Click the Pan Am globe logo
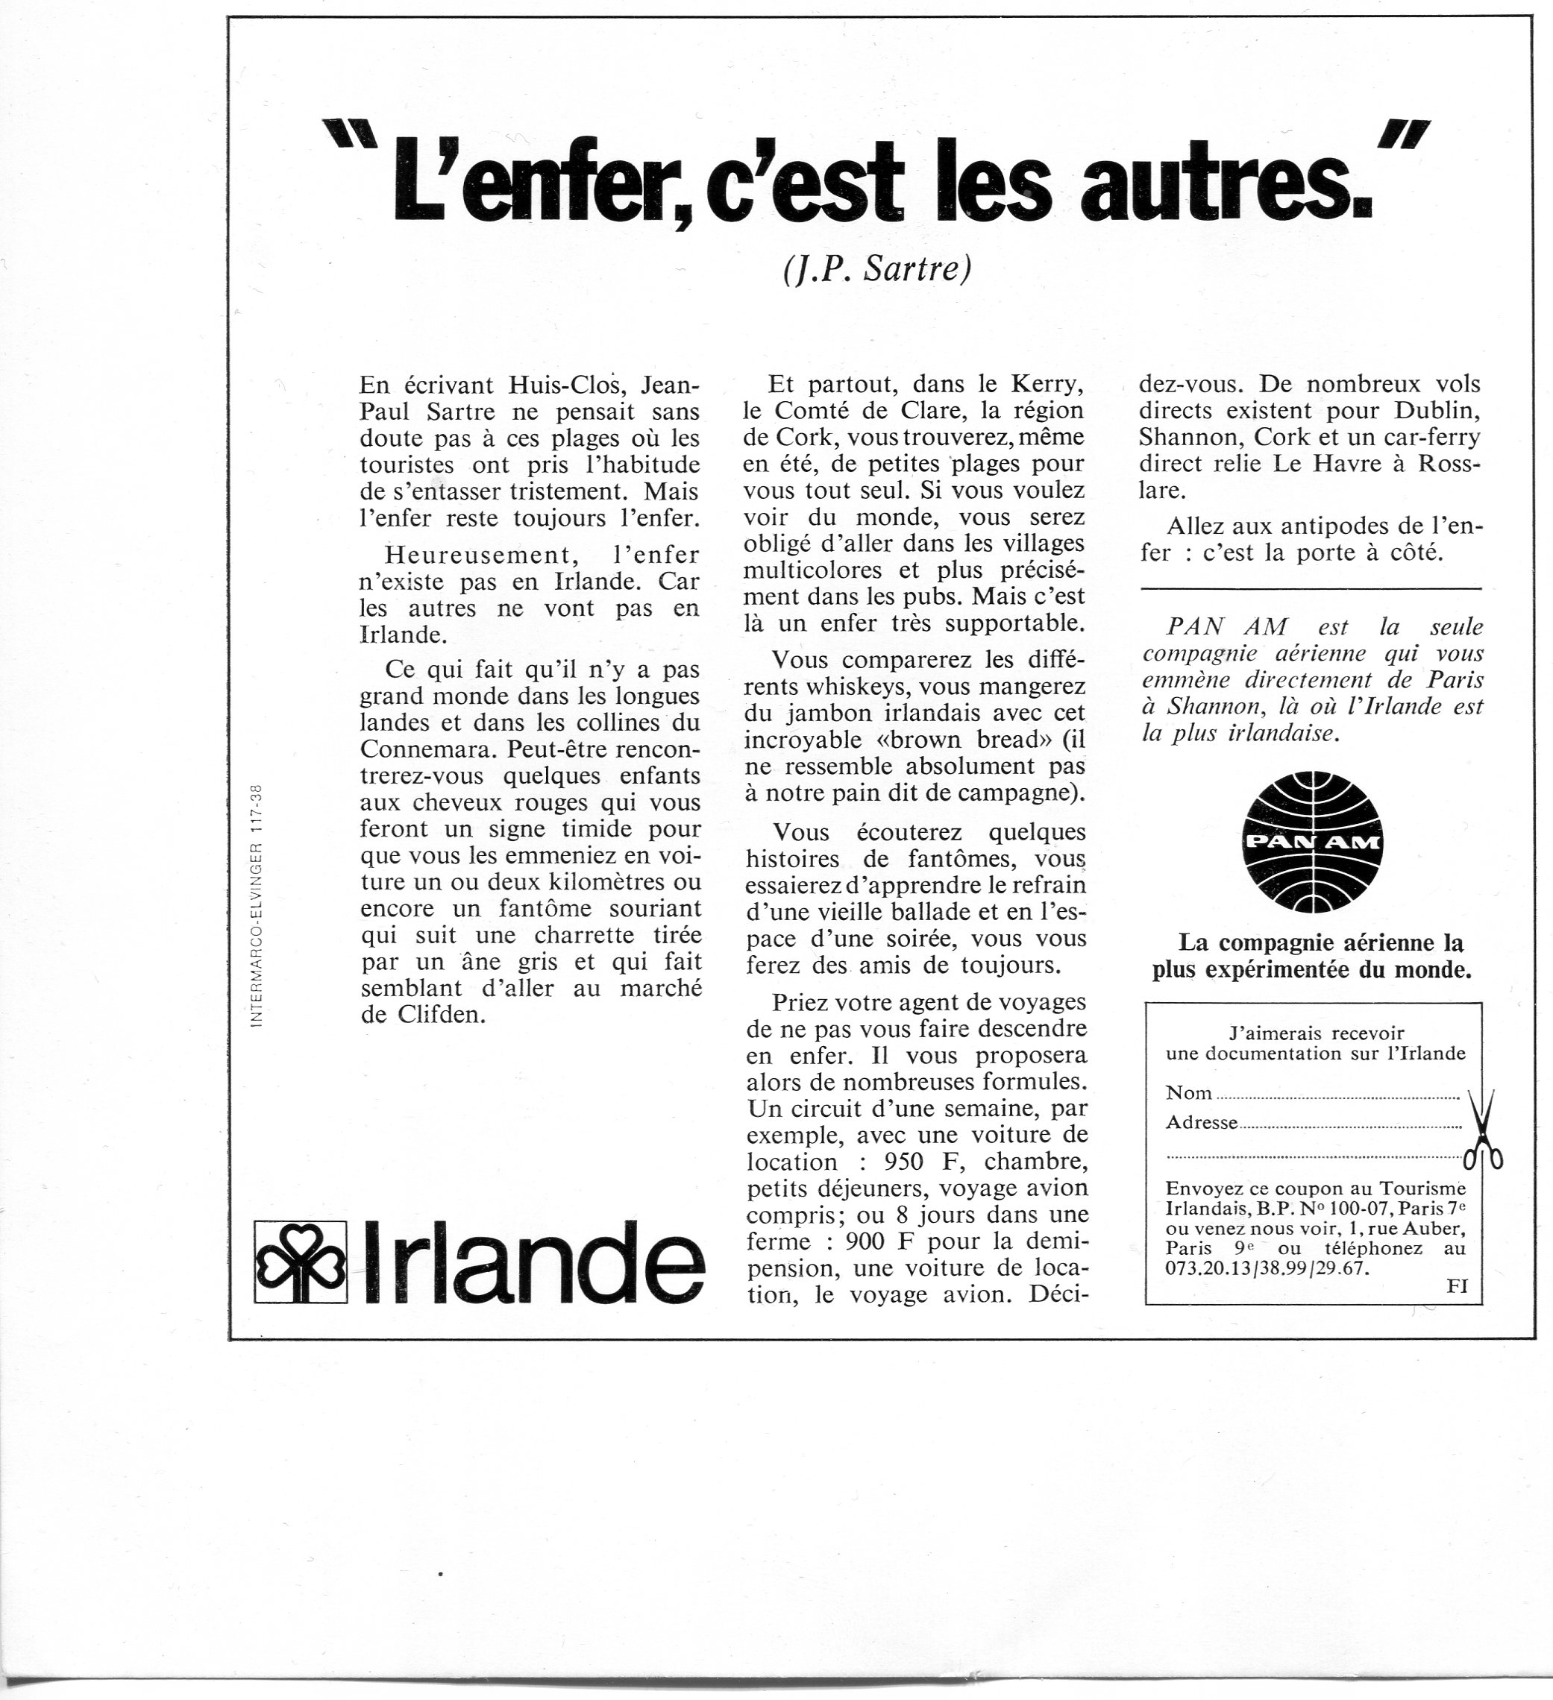click(x=1313, y=842)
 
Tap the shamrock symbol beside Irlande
click(x=301, y=1262)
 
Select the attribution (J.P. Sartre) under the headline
click(x=877, y=269)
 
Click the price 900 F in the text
click(x=888, y=1241)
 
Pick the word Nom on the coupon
click(x=1188, y=1093)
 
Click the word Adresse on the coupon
click(x=1201, y=1122)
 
